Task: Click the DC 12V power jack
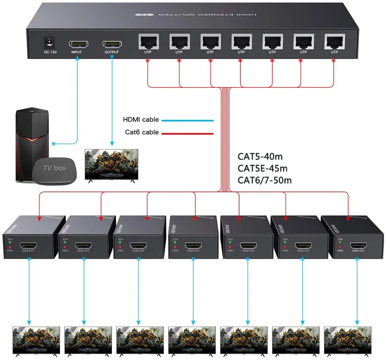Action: (x=50, y=42)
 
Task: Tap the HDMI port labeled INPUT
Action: (x=78, y=44)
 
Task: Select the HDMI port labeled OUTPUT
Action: (x=112, y=44)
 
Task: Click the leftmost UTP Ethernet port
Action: (x=148, y=42)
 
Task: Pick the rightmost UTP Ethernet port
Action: (x=334, y=42)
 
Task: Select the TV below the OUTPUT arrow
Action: (x=111, y=165)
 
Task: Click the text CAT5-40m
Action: (x=260, y=157)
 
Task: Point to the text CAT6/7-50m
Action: (x=264, y=180)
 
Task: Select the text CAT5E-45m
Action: (x=262, y=168)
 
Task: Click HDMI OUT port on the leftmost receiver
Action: (x=28, y=246)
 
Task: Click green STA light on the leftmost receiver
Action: (x=10, y=242)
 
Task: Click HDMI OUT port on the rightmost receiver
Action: (x=358, y=246)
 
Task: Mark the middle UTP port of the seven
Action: (x=241, y=42)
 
